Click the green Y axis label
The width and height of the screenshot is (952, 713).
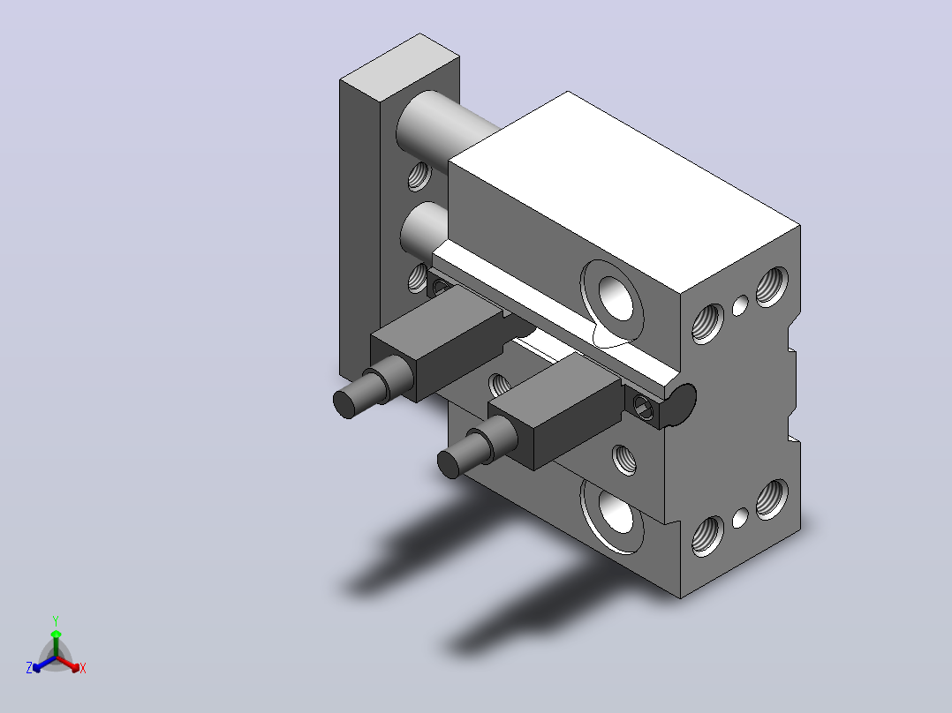click(56, 620)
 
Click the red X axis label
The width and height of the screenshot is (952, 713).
click(83, 668)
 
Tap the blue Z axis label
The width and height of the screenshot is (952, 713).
click(29, 668)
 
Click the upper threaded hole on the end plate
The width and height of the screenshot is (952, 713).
click(419, 176)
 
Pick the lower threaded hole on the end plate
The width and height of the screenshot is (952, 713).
click(418, 278)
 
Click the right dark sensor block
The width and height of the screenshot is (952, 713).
click(555, 410)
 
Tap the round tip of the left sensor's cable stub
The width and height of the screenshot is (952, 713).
click(344, 404)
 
